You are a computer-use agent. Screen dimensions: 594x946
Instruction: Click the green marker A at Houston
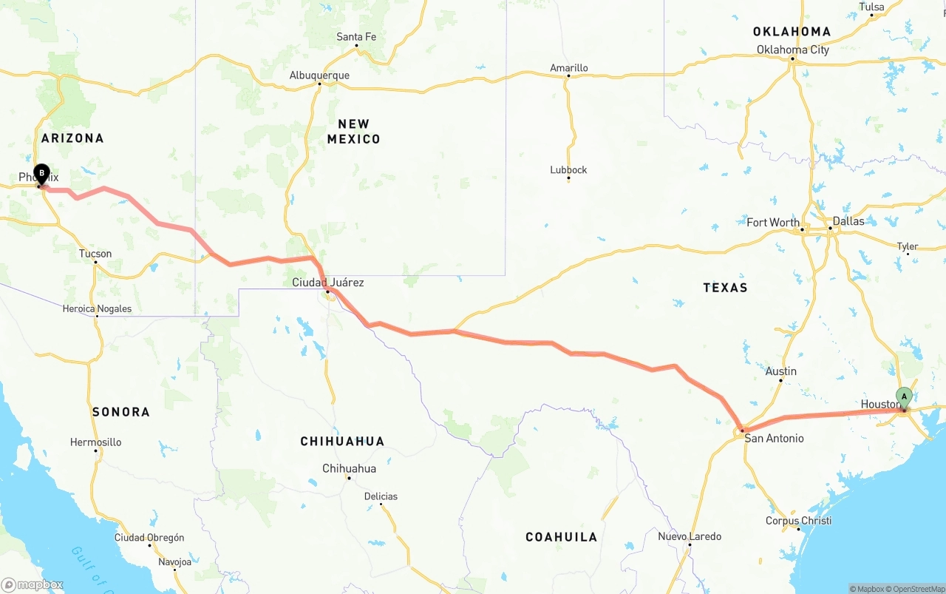(904, 398)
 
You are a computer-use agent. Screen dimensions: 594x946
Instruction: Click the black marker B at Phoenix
(41, 174)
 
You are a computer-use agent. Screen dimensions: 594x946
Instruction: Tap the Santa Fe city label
(356, 37)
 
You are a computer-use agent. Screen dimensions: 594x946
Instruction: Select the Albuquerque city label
(319, 75)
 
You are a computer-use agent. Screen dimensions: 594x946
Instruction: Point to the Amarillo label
(569, 68)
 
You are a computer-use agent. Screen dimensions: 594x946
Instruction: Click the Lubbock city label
(568, 170)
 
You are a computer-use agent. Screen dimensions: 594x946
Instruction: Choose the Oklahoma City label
(792, 50)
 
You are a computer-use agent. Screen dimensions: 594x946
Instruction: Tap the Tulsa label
(871, 7)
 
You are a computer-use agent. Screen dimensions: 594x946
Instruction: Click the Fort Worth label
(772, 223)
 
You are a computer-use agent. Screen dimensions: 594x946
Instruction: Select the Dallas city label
(848, 221)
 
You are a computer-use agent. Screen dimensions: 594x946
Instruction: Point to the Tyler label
(907, 246)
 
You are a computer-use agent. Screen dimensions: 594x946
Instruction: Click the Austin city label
(780, 371)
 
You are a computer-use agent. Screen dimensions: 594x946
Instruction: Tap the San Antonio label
(774, 439)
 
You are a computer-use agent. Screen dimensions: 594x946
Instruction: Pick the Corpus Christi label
(798, 521)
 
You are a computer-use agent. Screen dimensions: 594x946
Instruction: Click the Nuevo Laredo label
(690, 536)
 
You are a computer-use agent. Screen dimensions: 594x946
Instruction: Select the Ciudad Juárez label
(327, 283)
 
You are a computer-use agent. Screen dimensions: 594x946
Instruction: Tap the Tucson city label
(95, 254)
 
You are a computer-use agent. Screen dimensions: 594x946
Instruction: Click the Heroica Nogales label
(97, 308)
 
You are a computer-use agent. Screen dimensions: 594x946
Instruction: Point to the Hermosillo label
(95, 442)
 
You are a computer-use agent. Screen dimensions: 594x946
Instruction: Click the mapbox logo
(33, 584)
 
